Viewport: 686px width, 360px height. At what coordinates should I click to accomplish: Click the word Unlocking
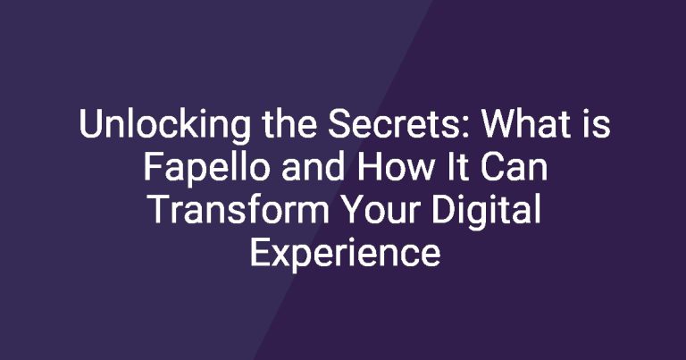165,126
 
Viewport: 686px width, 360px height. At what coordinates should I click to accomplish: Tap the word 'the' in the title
289,124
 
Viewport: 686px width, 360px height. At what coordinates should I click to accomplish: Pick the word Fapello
206,170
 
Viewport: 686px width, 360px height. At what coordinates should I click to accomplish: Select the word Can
511,168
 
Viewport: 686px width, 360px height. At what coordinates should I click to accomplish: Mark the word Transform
238,210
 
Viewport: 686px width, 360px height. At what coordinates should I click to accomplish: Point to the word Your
381,210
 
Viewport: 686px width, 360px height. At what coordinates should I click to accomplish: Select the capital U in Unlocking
90,125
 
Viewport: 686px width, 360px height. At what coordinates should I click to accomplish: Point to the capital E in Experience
260,253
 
